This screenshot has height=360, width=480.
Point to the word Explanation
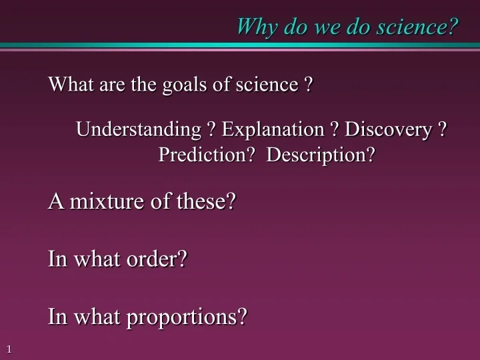[272, 129]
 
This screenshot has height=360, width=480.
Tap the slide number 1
[9, 349]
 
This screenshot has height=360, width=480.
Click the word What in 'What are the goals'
[68, 85]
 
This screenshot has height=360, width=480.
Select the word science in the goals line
[267, 85]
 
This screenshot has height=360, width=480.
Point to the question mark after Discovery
[441, 129]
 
